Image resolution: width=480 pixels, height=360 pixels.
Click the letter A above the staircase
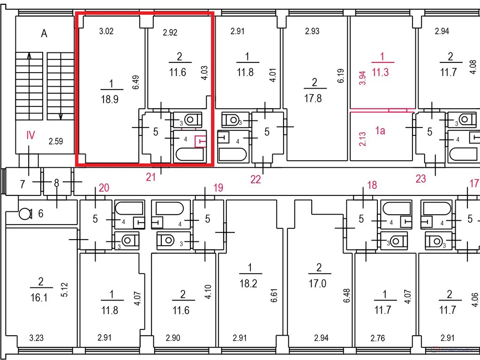pyautogui.click(x=44, y=33)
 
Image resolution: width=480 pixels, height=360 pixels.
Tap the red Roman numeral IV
pyautogui.click(x=30, y=135)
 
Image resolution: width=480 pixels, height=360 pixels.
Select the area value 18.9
pyautogui.click(x=110, y=99)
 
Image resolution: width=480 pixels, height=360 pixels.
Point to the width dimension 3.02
pyautogui.click(x=106, y=31)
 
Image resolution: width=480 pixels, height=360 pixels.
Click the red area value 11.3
pyautogui.click(x=380, y=72)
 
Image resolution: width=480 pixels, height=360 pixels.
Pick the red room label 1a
pyautogui.click(x=380, y=131)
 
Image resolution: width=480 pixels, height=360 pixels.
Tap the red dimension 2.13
pyautogui.click(x=362, y=139)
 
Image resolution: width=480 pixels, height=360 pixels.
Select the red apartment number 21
pyautogui.click(x=150, y=177)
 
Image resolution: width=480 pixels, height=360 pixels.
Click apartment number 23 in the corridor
pyautogui.click(x=420, y=179)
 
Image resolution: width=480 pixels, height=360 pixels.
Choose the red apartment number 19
pyautogui.click(x=218, y=187)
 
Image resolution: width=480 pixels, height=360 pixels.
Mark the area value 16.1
pyautogui.click(x=39, y=297)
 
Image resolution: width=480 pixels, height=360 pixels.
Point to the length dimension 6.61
pyautogui.click(x=274, y=295)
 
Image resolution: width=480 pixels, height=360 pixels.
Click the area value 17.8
pyautogui.click(x=313, y=98)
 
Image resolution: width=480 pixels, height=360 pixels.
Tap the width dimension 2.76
pyautogui.click(x=378, y=338)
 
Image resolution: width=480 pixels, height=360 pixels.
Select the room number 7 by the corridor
pyautogui.click(x=22, y=184)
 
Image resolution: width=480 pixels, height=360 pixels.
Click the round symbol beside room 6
pyautogui.click(x=25, y=214)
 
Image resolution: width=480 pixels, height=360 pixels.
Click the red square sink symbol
pyautogui.click(x=201, y=142)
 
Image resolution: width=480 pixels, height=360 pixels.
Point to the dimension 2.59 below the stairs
pyautogui.click(x=56, y=141)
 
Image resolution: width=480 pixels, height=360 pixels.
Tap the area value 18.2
pyautogui.click(x=248, y=284)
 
